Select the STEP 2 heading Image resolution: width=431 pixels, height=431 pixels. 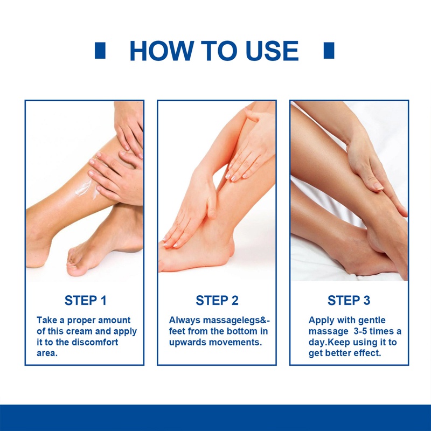tap(217, 300)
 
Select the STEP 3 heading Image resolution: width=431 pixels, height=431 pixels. tap(349, 300)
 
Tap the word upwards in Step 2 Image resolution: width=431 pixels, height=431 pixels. tap(188, 342)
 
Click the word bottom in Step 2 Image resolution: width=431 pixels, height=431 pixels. tap(231, 331)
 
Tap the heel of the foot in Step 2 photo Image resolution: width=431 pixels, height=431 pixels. tap(226, 253)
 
